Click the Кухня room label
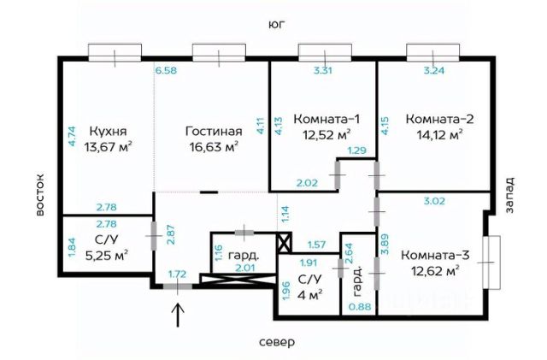(x=109, y=132)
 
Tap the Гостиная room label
(x=214, y=132)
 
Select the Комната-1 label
(x=326, y=119)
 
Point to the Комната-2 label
(x=439, y=119)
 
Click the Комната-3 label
(x=435, y=255)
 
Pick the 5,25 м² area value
(x=106, y=255)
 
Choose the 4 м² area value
(x=309, y=294)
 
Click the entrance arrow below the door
(x=178, y=315)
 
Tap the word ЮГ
(x=277, y=25)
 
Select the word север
(x=277, y=342)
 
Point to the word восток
(x=40, y=195)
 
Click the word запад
(x=509, y=195)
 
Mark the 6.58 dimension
(x=166, y=70)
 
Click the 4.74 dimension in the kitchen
(x=72, y=135)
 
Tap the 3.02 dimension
(x=434, y=201)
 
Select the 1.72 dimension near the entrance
(x=178, y=274)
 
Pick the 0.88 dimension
(x=360, y=307)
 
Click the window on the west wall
(x=491, y=263)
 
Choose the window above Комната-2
(x=433, y=53)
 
